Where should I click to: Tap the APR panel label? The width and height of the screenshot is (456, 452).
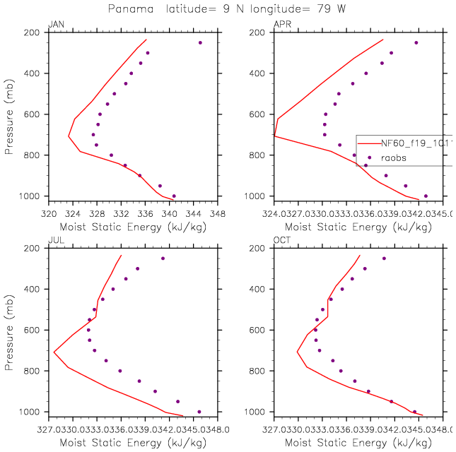pyautogui.click(x=281, y=25)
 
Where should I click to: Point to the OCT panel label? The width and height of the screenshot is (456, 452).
pyautogui.click(x=281, y=242)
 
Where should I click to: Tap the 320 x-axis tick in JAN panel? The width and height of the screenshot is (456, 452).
pyautogui.click(x=48, y=211)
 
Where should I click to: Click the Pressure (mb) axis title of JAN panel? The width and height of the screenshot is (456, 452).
pyautogui.click(x=9, y=114)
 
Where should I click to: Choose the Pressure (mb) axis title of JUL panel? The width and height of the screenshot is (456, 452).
pyautogui.click(x=9, y=330)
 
